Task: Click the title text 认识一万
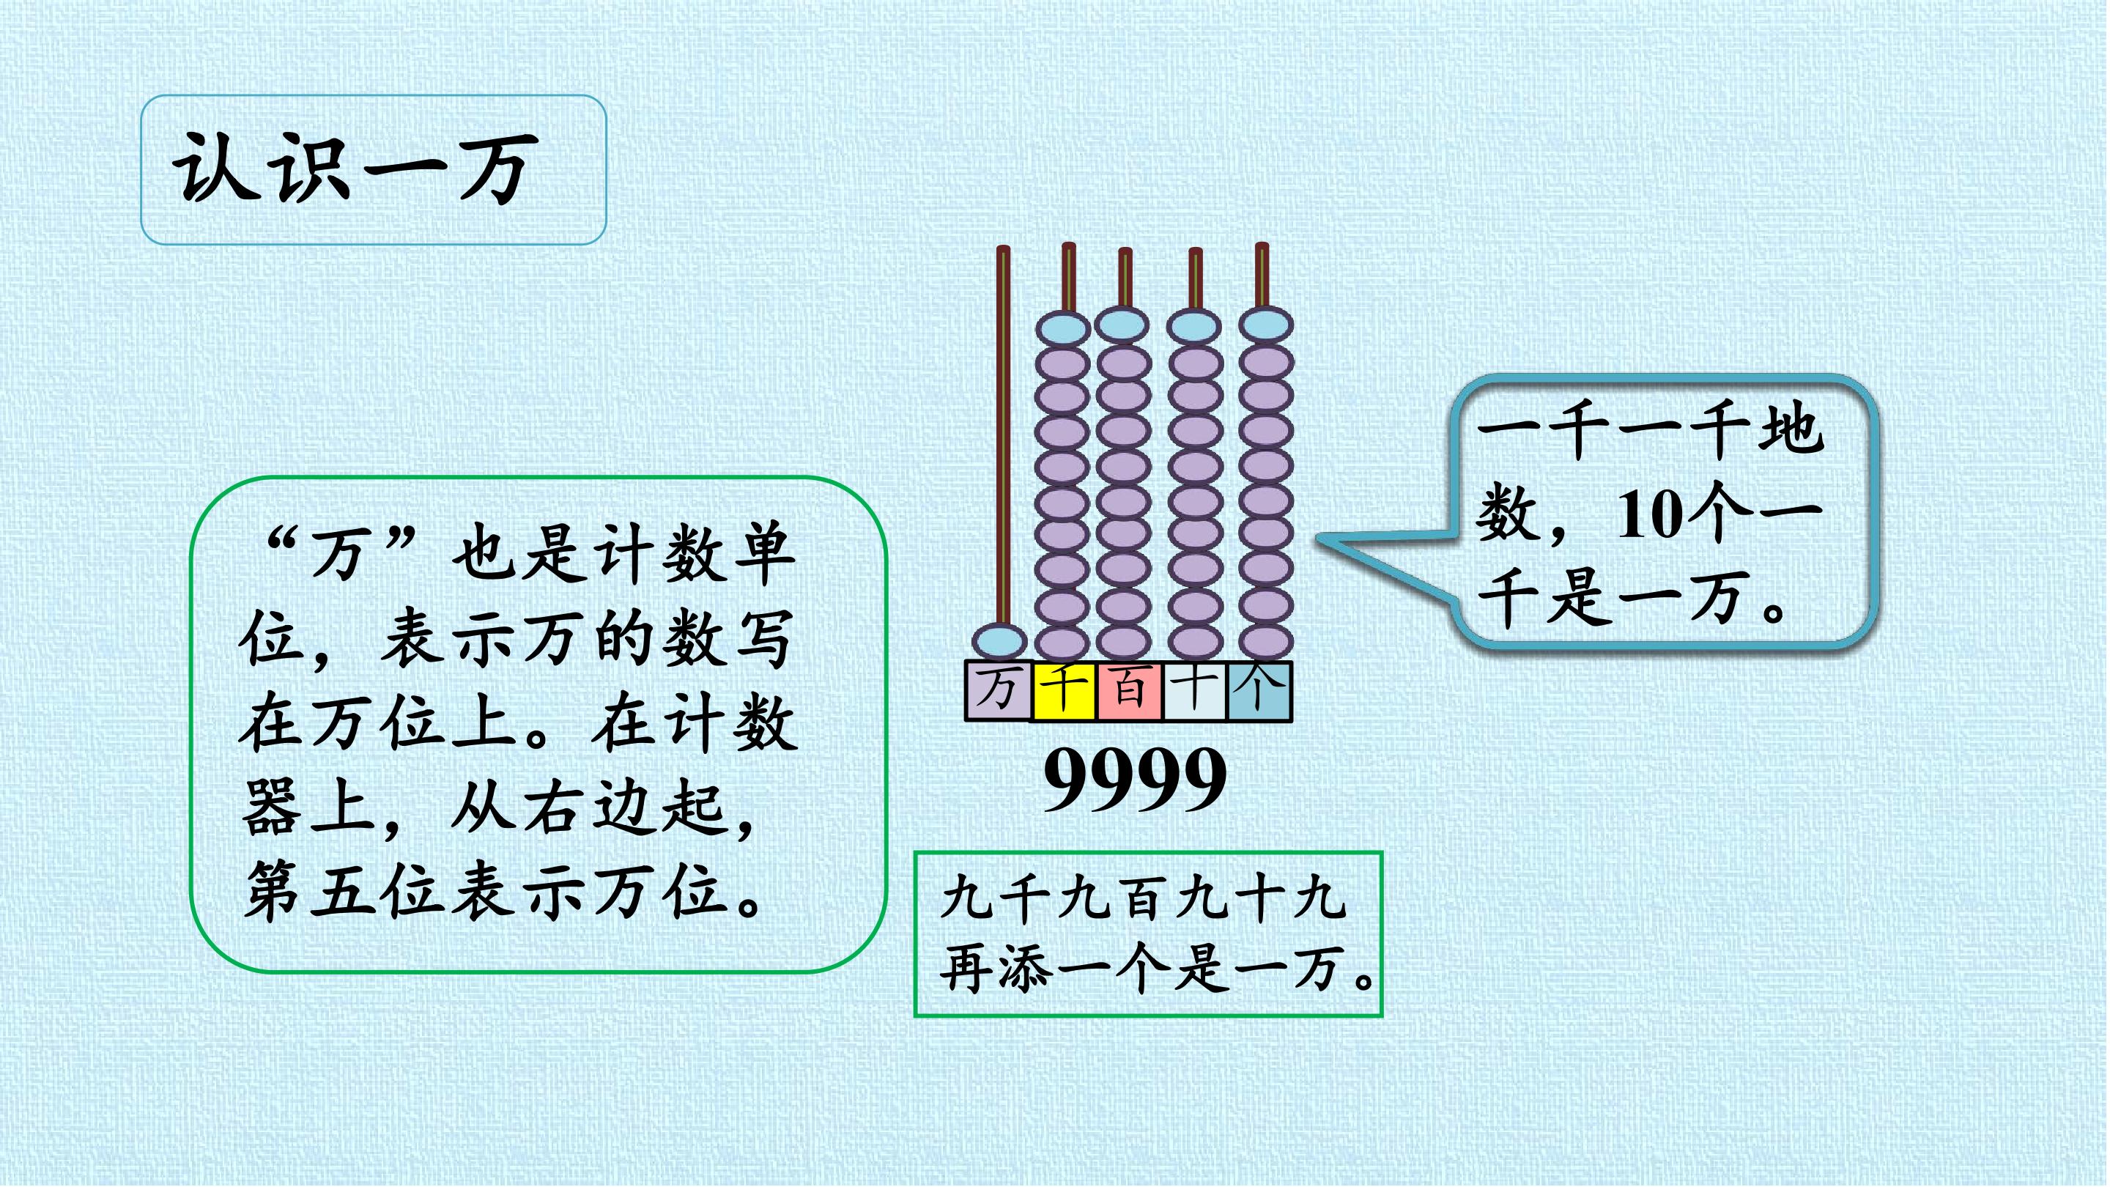tap(355, 169)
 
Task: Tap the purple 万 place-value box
tap(999, 690)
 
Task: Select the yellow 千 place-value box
tap(1064, 690)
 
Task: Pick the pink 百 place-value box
tap(1129, 690)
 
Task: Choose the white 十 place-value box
tap(1194, 690)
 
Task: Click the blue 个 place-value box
tap(1259, 690)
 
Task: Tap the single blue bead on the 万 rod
tap(999, 640)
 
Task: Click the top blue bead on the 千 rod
tap(1062, 329)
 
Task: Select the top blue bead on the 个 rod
tap(1265, 325)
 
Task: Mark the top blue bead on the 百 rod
tap(1123, 325)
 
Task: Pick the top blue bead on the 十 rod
tap(1194, 327)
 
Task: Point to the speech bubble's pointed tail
tap(1318, 539)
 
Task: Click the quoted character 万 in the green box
tap(338, 552)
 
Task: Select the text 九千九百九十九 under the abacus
tap(1144, 898)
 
